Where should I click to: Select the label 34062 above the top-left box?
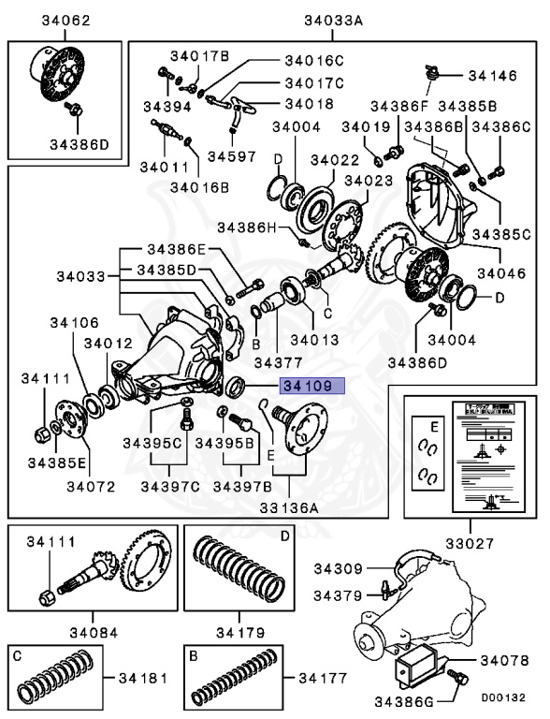65,21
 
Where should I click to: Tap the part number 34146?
492,74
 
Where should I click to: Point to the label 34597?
231,154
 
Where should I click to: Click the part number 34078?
505,661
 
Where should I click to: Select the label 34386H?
247,227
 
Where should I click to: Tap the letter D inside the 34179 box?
284,537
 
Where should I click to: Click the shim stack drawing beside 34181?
56,677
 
